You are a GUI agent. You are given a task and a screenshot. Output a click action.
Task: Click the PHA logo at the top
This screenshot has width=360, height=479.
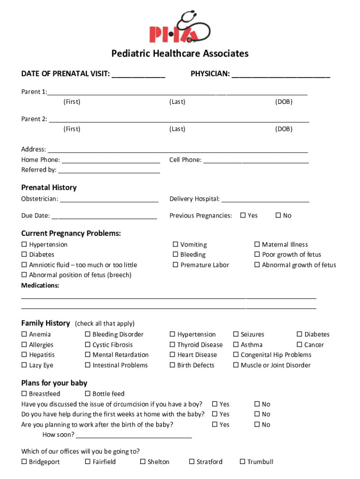point(180,27)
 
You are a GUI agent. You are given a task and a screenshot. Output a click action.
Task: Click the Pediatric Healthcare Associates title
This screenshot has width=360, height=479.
point(180,54)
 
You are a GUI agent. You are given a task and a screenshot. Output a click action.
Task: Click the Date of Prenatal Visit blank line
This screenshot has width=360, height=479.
point(138,75)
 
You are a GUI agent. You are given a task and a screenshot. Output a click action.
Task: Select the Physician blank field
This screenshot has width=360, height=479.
point(281,75)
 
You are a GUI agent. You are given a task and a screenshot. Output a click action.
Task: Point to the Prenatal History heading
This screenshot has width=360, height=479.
point(49,188)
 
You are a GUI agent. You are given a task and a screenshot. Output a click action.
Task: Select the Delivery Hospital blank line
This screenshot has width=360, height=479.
point(265,200)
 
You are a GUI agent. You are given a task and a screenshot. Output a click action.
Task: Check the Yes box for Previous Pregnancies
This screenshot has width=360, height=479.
point(243,216)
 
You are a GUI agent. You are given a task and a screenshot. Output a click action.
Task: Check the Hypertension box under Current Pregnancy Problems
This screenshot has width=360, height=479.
point(24,245)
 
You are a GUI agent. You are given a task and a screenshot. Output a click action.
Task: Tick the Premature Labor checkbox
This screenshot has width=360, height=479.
point(176,265)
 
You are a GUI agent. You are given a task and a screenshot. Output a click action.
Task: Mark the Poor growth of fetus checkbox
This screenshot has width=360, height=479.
point(257,255)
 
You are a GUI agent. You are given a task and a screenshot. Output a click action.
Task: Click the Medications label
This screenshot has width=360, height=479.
point(40,285)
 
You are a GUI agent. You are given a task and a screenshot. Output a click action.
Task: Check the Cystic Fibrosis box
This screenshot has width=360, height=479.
point(87,345)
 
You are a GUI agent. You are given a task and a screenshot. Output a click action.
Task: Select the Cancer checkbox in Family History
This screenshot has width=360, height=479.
point(300,345)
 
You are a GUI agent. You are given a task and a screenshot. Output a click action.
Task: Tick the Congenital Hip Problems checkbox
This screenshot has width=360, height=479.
point(236,355)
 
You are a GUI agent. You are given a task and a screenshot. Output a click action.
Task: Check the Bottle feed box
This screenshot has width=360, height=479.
point(87,394)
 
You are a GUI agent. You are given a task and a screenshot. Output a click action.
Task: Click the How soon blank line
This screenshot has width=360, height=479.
point(134,435)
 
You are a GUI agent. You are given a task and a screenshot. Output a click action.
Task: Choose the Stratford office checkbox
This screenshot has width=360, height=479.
point(192,462)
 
